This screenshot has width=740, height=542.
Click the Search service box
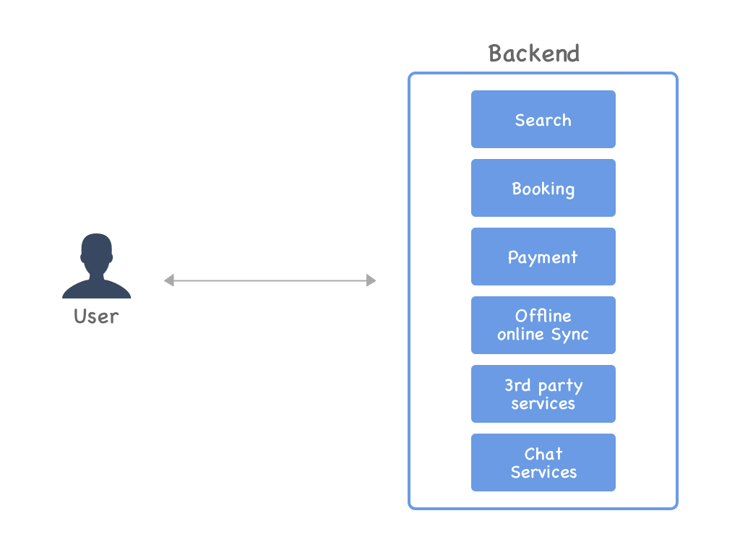click(x=543, y=119)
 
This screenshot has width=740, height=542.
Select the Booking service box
click(x=543, y=188)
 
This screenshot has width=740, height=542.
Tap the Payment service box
click(x=543, y=257)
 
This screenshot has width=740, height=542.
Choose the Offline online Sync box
click(x=543, y=325)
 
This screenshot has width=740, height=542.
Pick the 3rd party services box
click(x=543, y=394)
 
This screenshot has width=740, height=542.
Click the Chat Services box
click(x=543, y=463)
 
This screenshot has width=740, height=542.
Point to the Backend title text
click(x=534, y=53)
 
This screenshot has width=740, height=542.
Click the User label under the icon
click(x=96, y=316)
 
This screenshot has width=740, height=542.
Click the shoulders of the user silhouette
click(x=96, y=289)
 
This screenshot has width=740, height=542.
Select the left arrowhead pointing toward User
click(x=168, y=280)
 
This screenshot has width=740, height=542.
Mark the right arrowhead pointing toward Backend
click(x=371, y=280)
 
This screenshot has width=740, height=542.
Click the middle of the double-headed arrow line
click(x=270, y=280)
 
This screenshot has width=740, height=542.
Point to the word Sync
click(x=570, y=335)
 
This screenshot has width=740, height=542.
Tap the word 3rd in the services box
click(x=517, y=385)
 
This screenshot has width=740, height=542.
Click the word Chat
click(x=543, y=454)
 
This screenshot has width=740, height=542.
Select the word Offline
click(x=543, y=316)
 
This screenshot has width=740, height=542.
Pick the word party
click(x=560, y=386)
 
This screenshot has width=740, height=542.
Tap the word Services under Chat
click(x=543, y=472)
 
